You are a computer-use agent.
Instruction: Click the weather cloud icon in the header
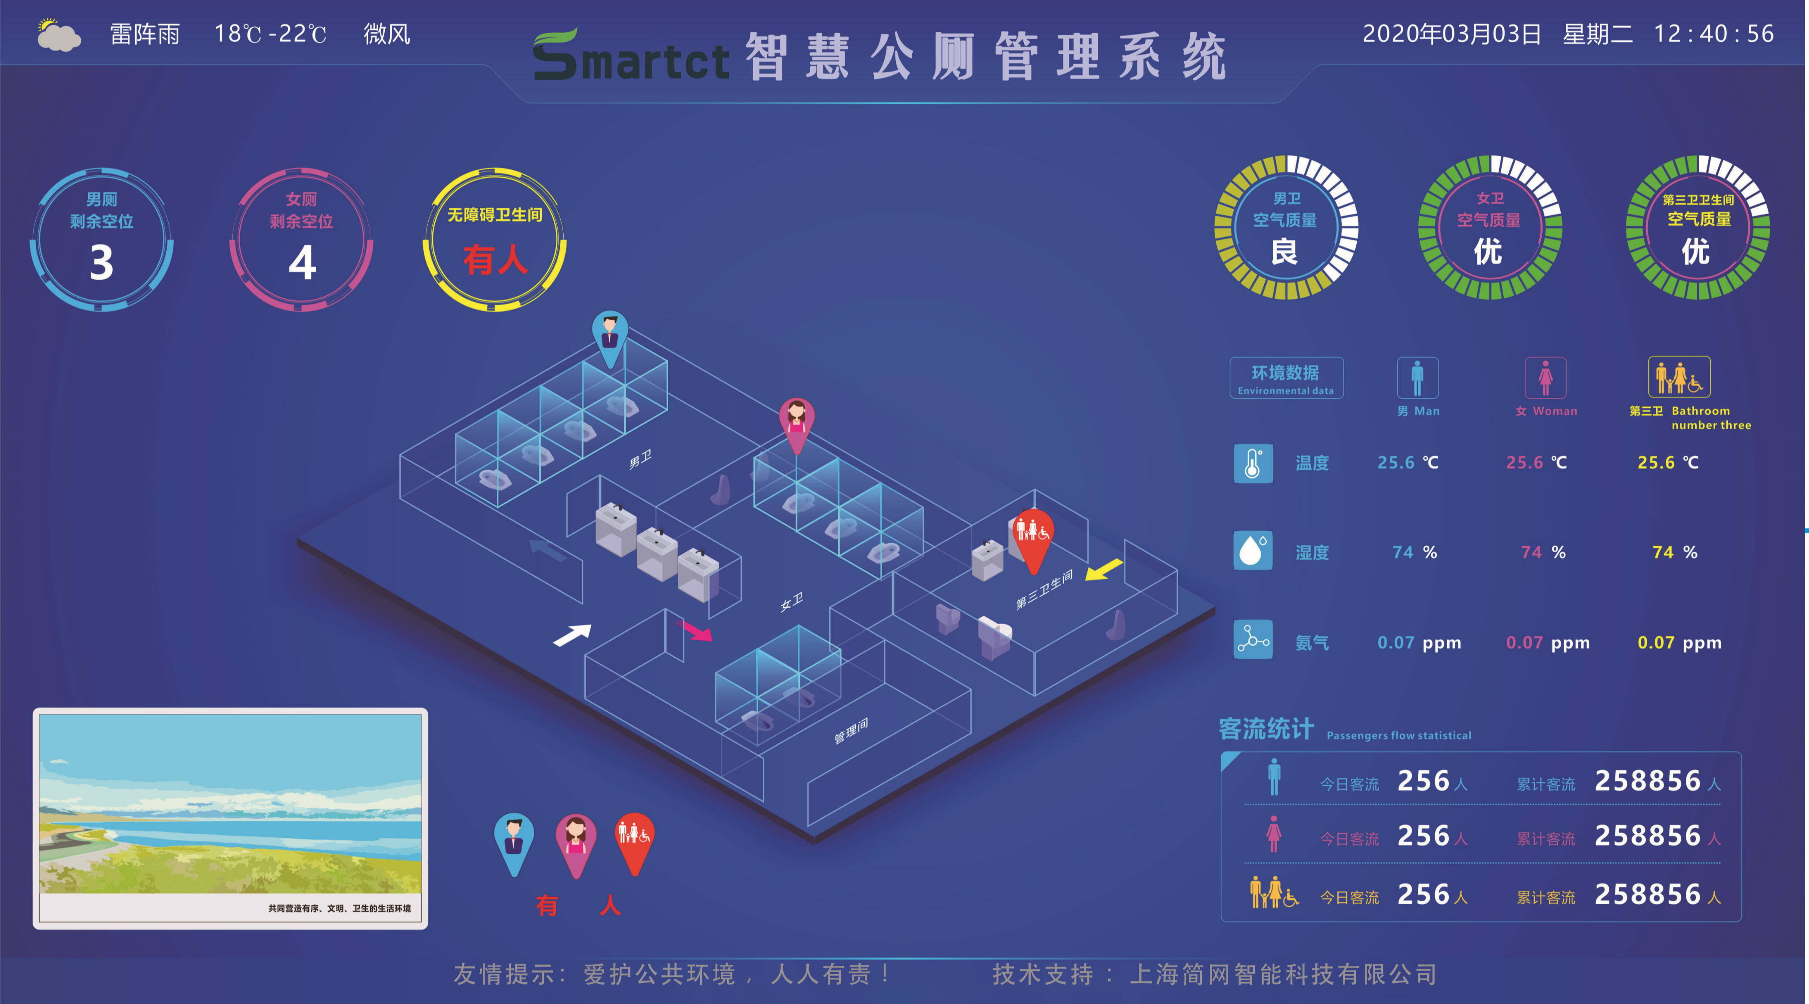pyautogui.click(x=59, y=35)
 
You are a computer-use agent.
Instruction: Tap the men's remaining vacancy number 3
pyautogui.click(x=102, y=263)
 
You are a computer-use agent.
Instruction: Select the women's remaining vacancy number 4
pyautogui.click(x=302, y=263)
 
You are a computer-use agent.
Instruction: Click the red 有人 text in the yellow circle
pyautogui.click(x=495, y=260)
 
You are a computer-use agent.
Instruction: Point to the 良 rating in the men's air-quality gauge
pyautogui.click(x=1284, y=251)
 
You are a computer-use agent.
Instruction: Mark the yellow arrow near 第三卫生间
pyautogui.click(x=1104, y=569)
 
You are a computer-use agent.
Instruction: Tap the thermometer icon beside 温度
pyautogui.click(x=1253, y=463)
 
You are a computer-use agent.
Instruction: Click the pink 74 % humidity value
pyautogui.click(x=1543, y=552)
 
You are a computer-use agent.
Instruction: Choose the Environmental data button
pyautogui.click(x=1286, y=378)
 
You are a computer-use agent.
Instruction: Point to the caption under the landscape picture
pyautogui.click(x=339, y=908)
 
